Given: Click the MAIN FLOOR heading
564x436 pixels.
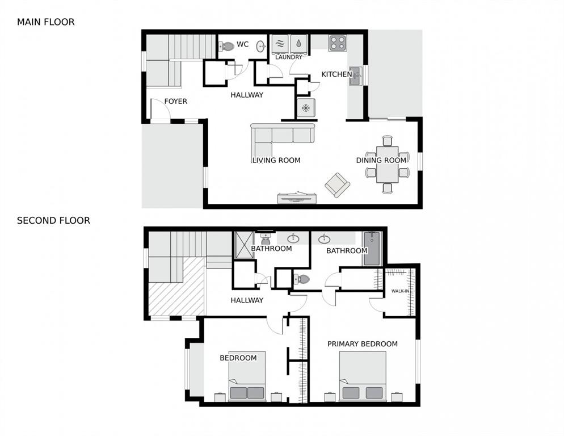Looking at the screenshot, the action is point(46,22).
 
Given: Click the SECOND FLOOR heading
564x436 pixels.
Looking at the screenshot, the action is point(53,220).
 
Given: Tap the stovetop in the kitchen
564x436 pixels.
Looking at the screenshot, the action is point(338,43).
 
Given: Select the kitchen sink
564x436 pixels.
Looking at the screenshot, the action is point(355,76).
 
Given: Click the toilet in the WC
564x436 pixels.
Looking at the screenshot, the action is point(226,46).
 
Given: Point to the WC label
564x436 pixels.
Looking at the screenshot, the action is point(242,44).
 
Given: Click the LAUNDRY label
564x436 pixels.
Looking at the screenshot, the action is point(289,57).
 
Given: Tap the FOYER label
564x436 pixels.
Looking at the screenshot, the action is point(175,102).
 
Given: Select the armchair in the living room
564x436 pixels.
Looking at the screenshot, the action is point(338,185).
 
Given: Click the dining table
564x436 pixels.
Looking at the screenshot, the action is point(388,165).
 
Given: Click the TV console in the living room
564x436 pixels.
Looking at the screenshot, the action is point(297,198).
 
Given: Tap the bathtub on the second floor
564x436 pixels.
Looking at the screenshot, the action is point(372,249).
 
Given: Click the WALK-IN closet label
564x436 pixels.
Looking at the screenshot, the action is point(400,291).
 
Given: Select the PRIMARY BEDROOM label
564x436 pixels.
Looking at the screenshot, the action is point(362,344).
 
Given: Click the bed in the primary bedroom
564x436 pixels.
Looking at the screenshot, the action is point(363,376).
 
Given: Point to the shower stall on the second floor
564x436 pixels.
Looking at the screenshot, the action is point(244,245).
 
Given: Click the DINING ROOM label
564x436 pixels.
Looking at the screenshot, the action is point(381,160).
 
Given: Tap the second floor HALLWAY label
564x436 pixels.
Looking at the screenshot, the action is point(247,300).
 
